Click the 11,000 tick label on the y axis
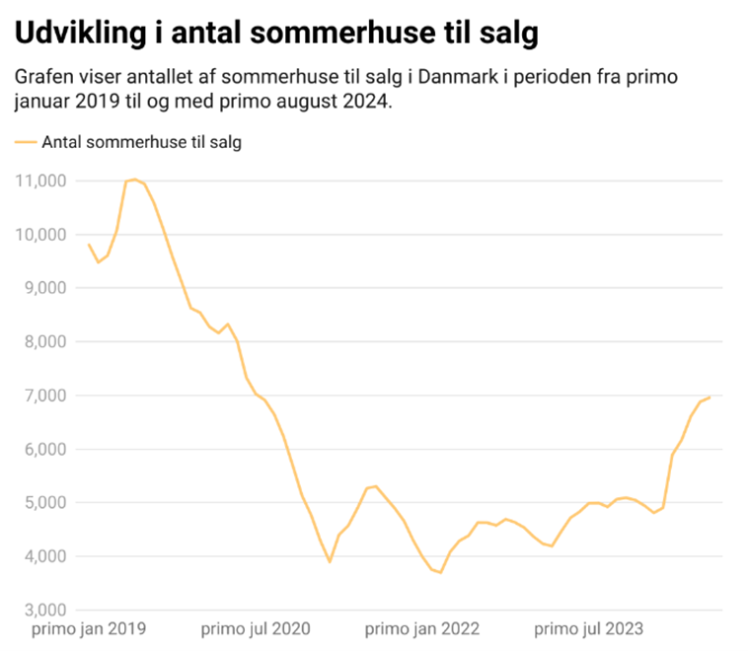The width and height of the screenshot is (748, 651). [x=40, y=181]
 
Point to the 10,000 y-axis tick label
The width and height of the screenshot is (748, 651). [x=40, y=235]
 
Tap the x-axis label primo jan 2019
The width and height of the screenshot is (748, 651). [x=89, y=628]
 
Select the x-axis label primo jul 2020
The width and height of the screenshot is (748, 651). [x=255, y=628]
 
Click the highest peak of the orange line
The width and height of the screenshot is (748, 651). [x=134, y=180]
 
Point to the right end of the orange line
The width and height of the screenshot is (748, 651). [x=710, y=397]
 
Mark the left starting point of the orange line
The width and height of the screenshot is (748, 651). [x=89, y=245]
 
